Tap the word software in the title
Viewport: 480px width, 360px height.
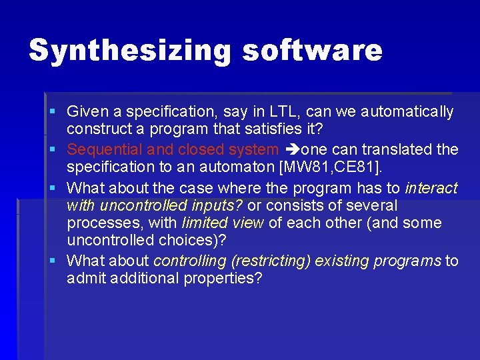(312, 51)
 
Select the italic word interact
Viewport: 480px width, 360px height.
(431, 189)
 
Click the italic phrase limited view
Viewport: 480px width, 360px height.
(223, 223)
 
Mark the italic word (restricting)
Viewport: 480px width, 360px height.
(276, 261)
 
